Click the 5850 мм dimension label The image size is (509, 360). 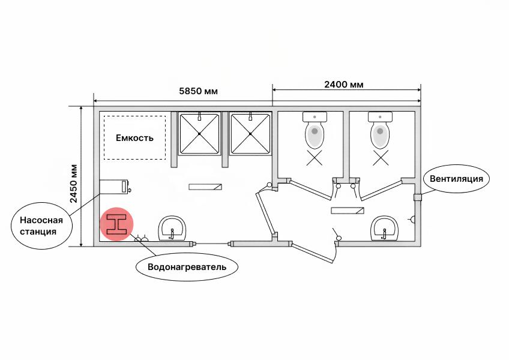[x=198, y=91]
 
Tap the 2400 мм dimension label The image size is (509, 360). [x=344, y=85]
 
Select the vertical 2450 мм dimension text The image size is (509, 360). [x=74, y=184]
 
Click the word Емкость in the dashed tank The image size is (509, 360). [x=134, y=138]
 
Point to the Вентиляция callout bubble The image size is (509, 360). [x=456, y=179]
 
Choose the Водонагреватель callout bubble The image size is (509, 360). [x=187, y=267]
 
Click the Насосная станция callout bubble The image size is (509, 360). [x=41, y=226]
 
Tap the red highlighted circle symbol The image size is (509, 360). [x=116, y=224]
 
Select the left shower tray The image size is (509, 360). [x=199, y=133]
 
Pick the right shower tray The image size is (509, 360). [x=250, y=133]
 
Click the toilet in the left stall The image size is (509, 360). [x=315, y=130]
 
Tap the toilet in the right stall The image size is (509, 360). [x=380, y=130]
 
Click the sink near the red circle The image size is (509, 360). [x=172, y=229]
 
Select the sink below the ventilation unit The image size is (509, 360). [x=384, y=229]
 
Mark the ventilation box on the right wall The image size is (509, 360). [x=417, y=197]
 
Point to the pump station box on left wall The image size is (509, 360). [x=114, y=187]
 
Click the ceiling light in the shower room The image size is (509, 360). [x=205, y=187]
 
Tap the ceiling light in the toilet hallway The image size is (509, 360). [x=348, y=211]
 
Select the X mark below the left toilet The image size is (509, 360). [x=315, y=158]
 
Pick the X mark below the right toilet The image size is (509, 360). [x=381, y=158]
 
